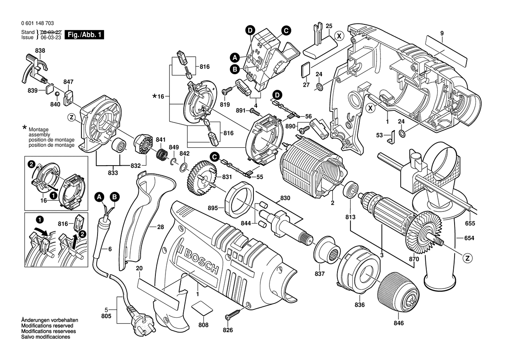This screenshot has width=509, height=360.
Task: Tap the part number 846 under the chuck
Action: point(398,323)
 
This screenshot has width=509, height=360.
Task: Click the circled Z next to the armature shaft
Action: point(468,258)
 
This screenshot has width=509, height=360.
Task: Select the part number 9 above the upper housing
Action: point(442,33)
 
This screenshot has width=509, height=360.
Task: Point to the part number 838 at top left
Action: point(40,51)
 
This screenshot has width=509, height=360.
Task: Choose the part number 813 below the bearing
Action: point(351,217)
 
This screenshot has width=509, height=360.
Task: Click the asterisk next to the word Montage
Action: point(24,128)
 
